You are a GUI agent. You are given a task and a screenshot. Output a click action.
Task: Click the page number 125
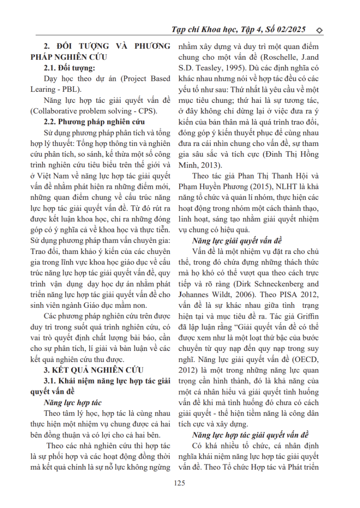tap(180, 483)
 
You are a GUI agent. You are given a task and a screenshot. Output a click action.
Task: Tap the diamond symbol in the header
tap(320, 30)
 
